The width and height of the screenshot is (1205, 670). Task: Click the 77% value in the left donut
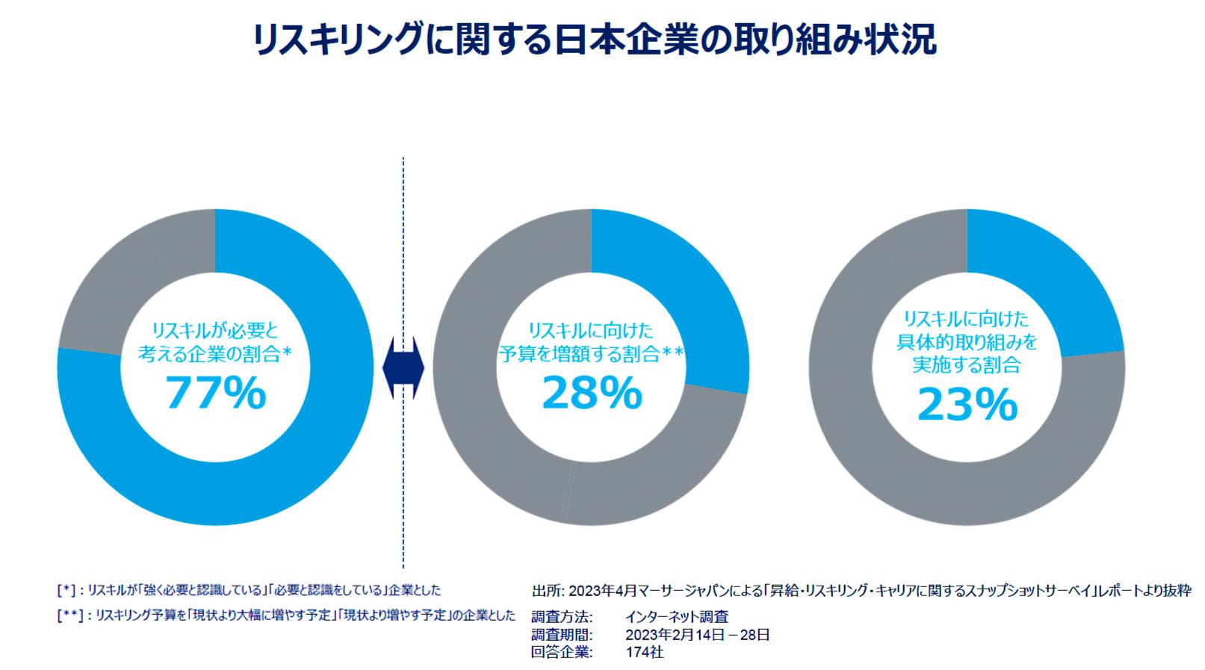coord(215,393)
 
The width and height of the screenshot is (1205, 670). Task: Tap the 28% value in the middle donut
coord(592,393)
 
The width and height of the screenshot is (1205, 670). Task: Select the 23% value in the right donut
coord(967,404)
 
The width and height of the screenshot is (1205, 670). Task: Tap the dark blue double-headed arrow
coord(403,368)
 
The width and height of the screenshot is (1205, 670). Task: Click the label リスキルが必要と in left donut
coord(215,330)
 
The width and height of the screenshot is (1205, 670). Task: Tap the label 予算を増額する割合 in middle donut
coord(579,353)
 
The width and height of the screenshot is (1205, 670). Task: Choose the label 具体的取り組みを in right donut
coord(967,342)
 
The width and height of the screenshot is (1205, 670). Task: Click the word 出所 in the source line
coord(544,591)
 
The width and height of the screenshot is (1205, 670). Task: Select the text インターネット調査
coord(677,617)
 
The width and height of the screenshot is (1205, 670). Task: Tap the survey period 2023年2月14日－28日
coord(698,635)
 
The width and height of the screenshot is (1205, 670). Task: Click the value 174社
coord(645,652)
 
